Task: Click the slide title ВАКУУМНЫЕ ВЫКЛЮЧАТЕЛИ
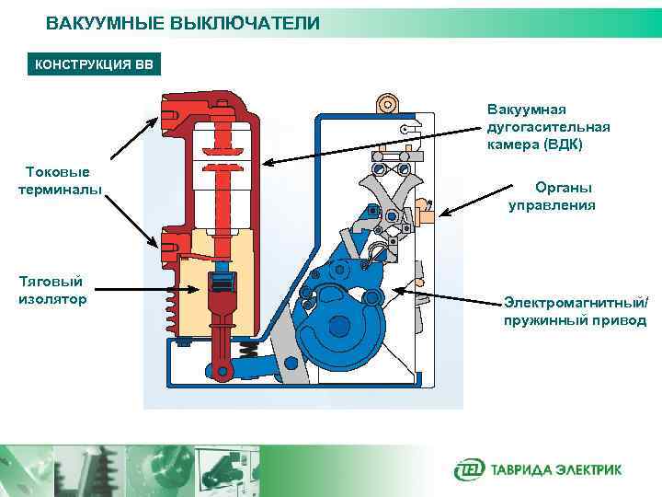[x=183, y=23]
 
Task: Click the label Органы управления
[x=552, y=197]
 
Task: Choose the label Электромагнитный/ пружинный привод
[x=575, y=312]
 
